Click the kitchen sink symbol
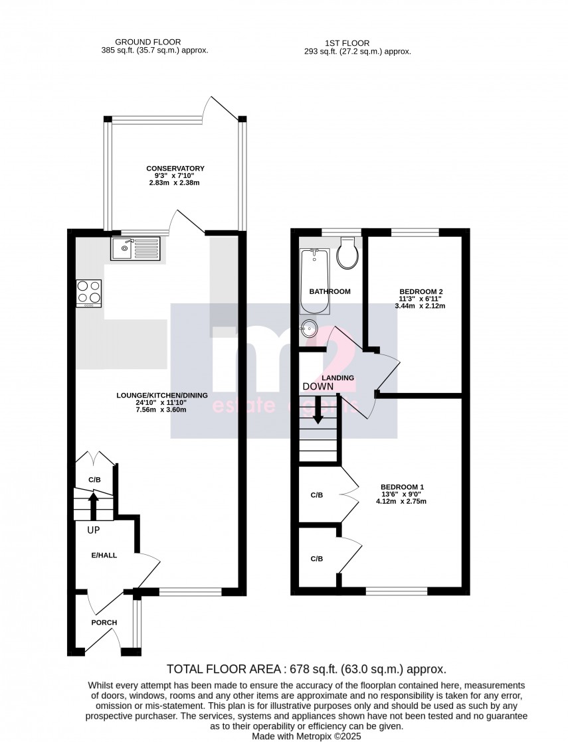pyautogui.click(x=136, y=250)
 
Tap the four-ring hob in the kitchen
pyautogui.click(x=90, y=293)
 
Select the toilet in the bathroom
pyautogui.click(x=348, y=254)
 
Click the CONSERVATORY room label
pyautogui.click(x=175, y=169)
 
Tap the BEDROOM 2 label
pyautogui.click(x=421, y=291)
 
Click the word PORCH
pyautogui.click(x=104, y=623)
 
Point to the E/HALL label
pyautogui.click(x=104, y=555)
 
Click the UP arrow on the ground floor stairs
pyautogui.click(x=93, y=504)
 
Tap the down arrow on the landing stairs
pyautogui.click(x=318, y=409)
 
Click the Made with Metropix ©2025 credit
pyautogui.click(x=306, y=736)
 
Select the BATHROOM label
pyautogui.click(x=330, y=291)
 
